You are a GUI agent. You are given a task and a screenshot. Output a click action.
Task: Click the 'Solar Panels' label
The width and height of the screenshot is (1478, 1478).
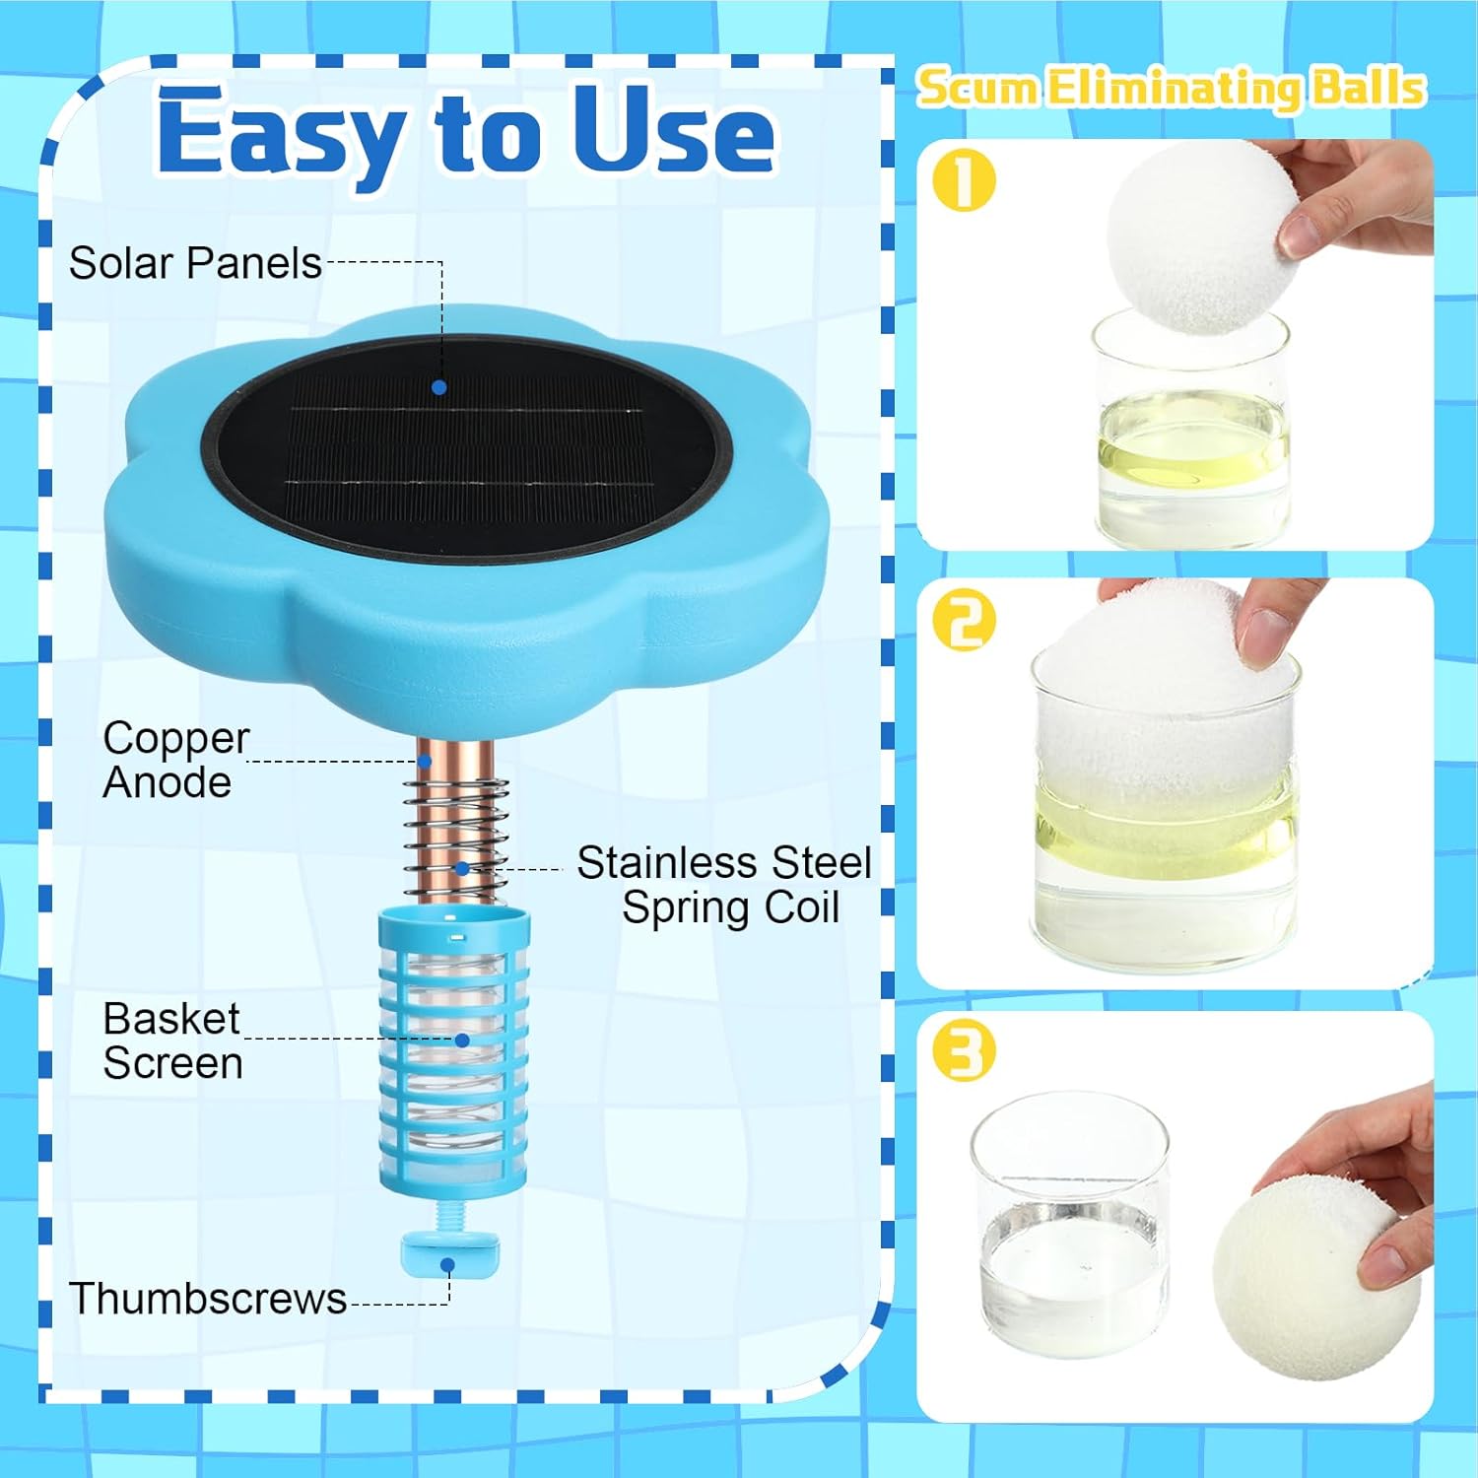[x=195, y=263]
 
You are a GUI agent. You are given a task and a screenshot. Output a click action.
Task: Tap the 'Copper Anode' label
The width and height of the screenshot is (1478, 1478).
[x=174, y=760]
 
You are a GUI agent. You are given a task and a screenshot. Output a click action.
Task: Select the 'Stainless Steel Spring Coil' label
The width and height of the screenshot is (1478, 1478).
[x=725, y=884]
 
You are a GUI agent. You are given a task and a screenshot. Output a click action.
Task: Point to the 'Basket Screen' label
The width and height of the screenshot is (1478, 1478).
[x=172, y=1041]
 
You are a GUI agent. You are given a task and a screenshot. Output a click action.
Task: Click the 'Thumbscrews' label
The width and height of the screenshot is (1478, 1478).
[x=207, y=1299]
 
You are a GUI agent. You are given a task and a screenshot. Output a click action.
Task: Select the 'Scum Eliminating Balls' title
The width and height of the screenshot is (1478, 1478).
[x=1171, y=88]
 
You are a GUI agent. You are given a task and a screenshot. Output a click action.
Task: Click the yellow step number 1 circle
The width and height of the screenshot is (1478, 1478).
[x=964, y=181]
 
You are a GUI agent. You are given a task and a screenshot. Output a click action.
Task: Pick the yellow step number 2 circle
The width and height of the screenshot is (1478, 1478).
[x=964, y=621]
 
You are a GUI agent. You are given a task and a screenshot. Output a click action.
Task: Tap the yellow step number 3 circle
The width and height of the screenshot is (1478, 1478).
[x=964, y=1051]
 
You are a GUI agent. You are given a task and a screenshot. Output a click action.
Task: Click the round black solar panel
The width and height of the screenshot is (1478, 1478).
[x=469, y=449]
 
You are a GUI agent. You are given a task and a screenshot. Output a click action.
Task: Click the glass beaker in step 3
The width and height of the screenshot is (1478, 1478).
[x=1070, y=1227]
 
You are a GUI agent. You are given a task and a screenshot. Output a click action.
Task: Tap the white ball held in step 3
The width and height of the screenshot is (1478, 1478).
[x=1315, y=1276]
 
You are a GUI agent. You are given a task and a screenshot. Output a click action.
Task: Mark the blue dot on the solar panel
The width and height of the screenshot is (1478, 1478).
[x=439, y=387]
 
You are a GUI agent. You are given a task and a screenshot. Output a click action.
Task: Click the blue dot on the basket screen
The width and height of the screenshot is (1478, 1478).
[x=462, y=1040]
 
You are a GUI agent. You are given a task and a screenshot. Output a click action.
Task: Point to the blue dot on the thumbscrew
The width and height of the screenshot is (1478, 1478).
[x=448, y=1265]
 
